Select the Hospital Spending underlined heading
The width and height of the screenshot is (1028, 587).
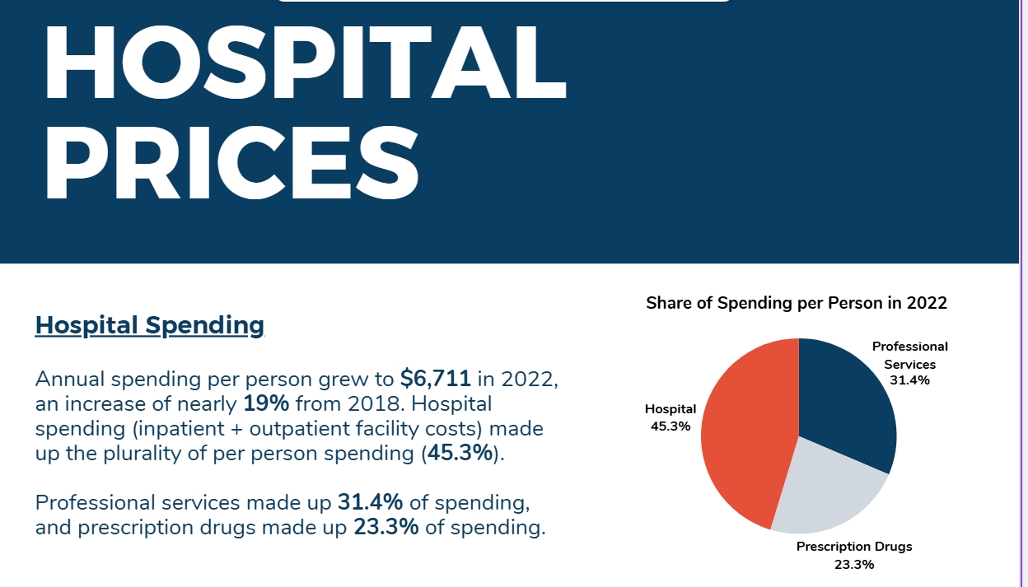pos(150,326)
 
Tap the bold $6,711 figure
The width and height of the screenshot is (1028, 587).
pos(436,379)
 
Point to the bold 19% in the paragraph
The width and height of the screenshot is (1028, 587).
pos(266,404)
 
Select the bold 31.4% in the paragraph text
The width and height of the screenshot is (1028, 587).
pos(370,502)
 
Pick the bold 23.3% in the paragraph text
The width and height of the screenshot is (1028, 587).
pos(386,527)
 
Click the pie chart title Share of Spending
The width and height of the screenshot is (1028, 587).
pos(797,303)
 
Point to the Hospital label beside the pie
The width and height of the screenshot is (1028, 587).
pos(670,409)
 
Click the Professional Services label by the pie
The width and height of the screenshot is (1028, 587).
pos(909,355)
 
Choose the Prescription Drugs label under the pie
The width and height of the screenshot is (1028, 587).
pos(853,547)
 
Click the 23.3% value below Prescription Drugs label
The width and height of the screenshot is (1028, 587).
pos(853,565)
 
